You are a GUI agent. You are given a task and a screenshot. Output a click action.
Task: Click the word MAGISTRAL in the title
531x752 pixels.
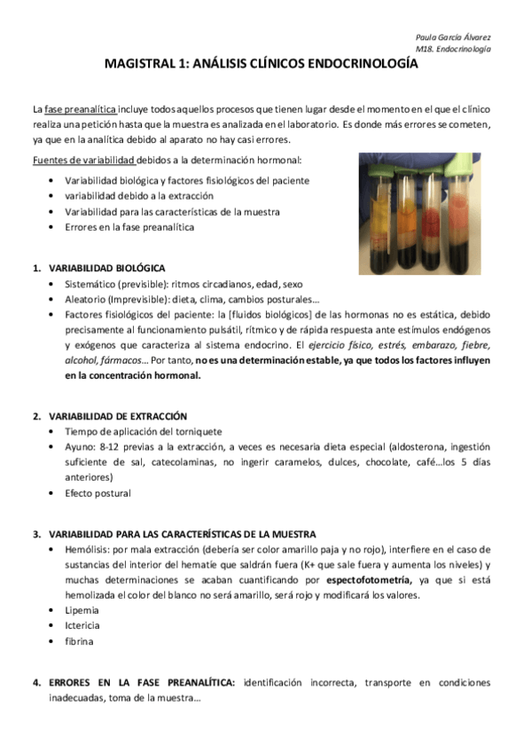(x=138, y=64)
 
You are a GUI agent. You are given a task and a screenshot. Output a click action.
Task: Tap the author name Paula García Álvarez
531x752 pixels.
(x=454, y=38)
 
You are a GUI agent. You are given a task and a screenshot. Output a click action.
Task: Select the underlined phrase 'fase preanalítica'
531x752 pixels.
(x=76, y=108)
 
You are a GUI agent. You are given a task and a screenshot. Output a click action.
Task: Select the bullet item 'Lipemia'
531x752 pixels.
(x=82, y=610)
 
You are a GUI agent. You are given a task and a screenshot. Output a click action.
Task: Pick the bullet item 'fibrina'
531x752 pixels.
(x=79, y=641)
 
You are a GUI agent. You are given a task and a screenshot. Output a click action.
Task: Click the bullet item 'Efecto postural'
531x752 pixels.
(x=98, y=493)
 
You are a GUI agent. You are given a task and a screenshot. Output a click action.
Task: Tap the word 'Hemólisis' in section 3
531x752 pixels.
(x=86, y=550)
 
